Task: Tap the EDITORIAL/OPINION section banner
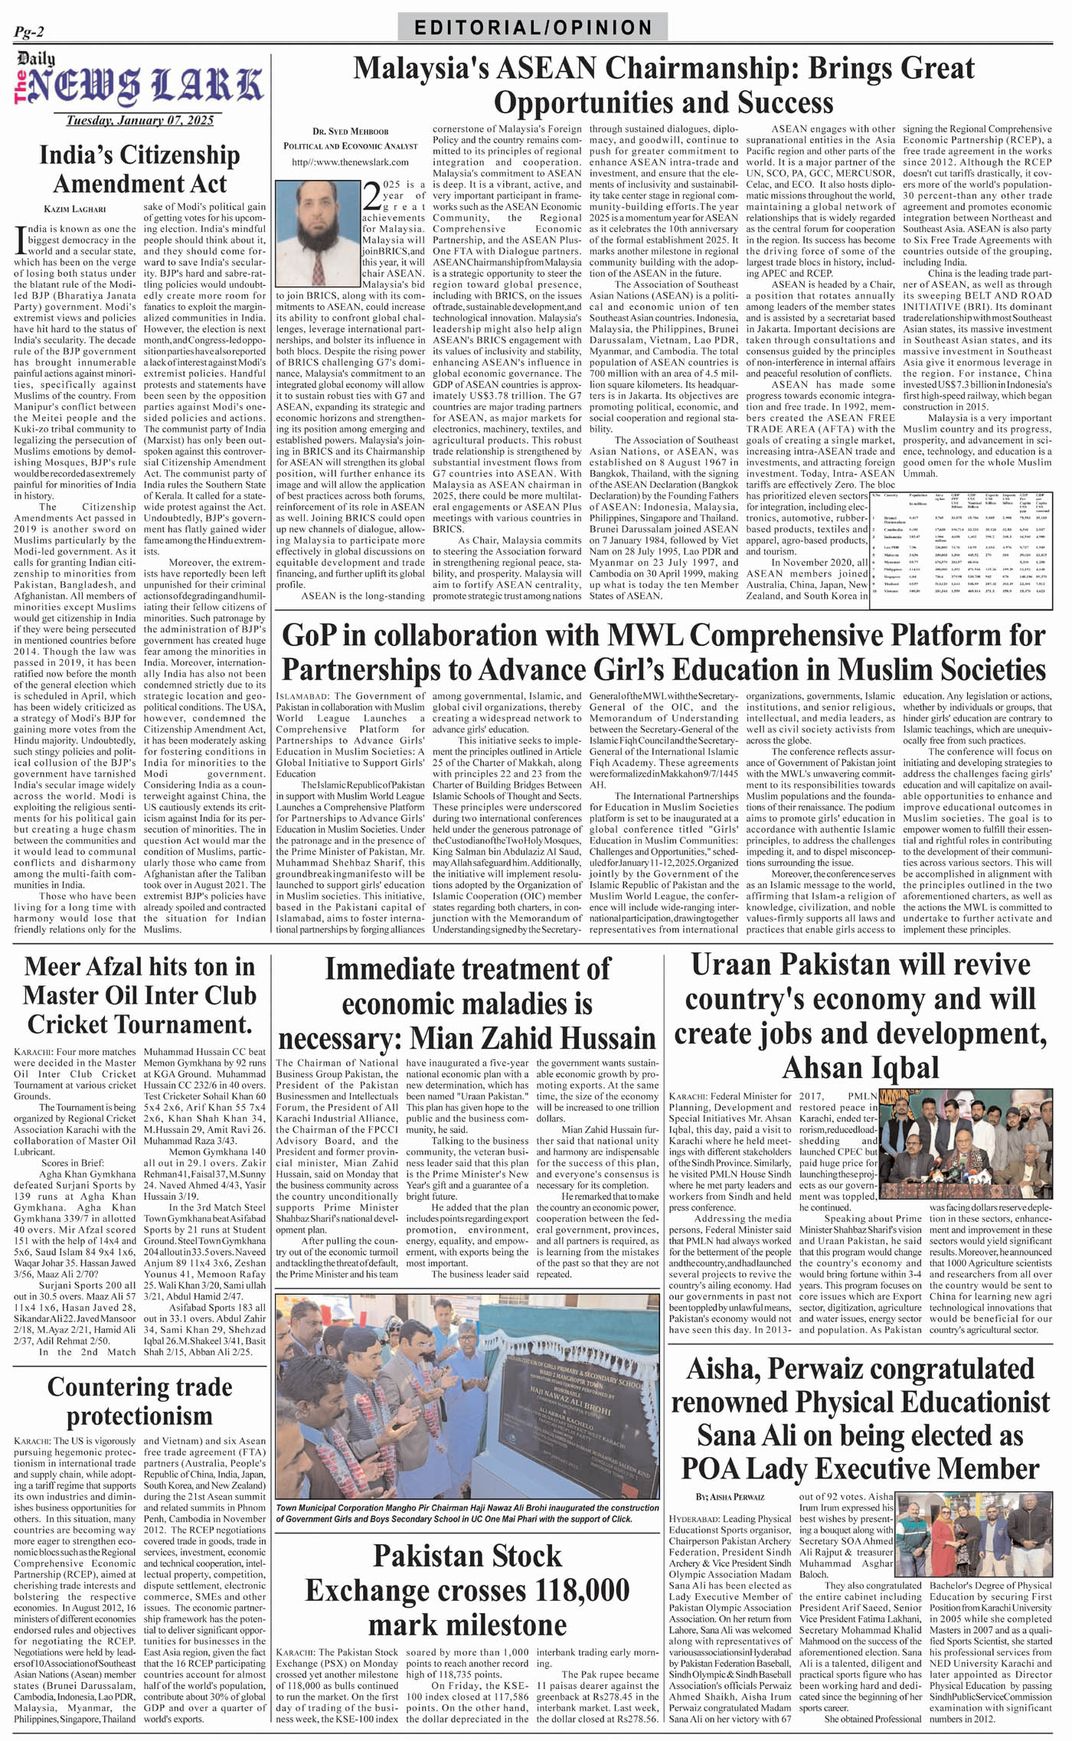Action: pyautogui.click(x=533, y=28)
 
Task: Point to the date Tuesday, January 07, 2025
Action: pyautogui.click(x=139, y=120)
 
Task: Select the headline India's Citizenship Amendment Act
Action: pyautogui.click(x=139, y=169)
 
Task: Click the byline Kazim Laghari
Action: pyautogui.click(x=74, y=208)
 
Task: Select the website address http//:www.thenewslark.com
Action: pyautogui.click(x=350, y=162)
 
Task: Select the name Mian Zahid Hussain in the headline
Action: pyautogui.click(x=533, y=1039)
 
